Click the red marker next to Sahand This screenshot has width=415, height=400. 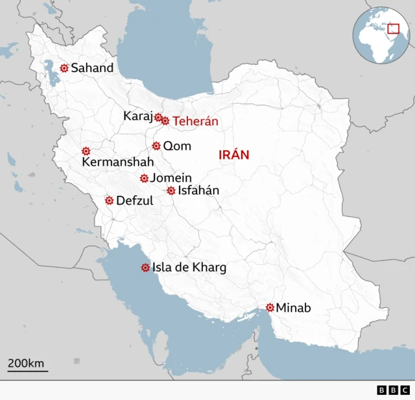(x=64, y=67)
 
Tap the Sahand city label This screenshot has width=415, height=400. (x=92, y=67)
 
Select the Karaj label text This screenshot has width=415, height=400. (x=137, y=116)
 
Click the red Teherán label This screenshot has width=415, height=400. (x=195, y=121)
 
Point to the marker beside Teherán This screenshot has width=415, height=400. (x=165, y=121)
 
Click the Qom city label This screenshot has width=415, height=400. (x=177, y=146)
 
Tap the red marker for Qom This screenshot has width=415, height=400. (x=156, y=146)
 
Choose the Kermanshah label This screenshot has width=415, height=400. (x=118, y=162)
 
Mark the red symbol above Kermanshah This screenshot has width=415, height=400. (x=86, y=151)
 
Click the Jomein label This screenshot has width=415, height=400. (x=171, y=178)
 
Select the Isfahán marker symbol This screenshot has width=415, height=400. (x=171, y=191)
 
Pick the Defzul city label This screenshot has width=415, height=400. (x=135, y=201)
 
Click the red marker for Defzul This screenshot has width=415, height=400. (x=110, y=200)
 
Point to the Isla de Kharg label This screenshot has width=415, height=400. (x=189, y=267)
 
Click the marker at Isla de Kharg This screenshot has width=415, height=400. (x=145, y=267)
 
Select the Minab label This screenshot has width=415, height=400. (x=294, y=308)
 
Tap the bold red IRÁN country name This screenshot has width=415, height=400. (x=234, y=154)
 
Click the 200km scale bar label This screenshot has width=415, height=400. (x=27, y=363)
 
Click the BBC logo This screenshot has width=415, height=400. (x=393, y=390)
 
